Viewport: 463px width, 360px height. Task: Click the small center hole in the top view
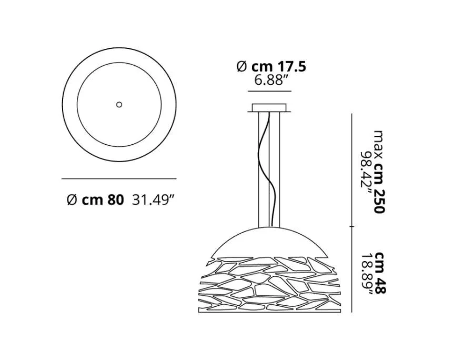119,105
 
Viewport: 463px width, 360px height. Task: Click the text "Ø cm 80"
95,199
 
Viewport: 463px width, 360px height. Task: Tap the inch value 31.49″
153,199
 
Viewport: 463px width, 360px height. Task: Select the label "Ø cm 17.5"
271,67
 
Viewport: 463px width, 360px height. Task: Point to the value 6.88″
270,81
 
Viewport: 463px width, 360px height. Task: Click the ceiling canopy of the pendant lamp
270,108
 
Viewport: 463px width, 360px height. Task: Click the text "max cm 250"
379,171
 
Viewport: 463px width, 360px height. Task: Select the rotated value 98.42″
365,171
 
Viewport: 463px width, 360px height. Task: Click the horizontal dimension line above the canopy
270,92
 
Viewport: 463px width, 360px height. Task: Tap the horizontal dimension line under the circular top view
118,178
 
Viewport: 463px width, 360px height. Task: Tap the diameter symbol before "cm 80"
72,199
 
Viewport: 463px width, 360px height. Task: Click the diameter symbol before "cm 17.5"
241,67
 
